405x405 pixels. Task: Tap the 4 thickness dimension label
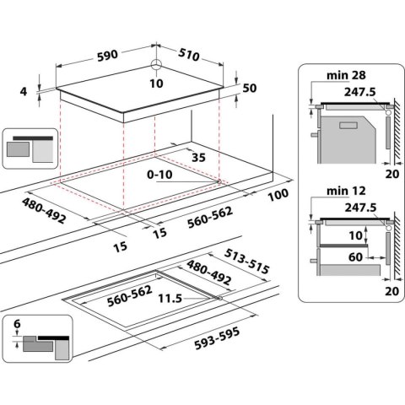coord(24,91)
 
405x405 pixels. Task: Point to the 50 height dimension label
coord(249,89)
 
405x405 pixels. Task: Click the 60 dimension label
coord(354,254)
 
